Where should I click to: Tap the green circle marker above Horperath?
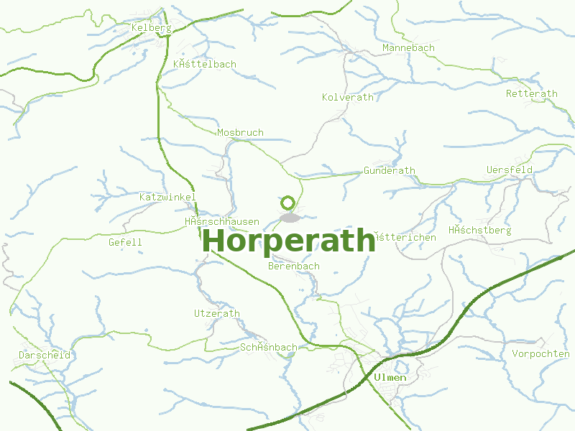[288, 203]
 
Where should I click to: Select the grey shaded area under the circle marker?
[290, 217]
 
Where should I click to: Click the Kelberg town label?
[151, 28]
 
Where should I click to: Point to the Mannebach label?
[408, 48]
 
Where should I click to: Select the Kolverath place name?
[348, 97]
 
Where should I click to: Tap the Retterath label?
[531, 94]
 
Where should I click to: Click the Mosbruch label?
[240, 133]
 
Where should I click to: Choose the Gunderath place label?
[390, 171]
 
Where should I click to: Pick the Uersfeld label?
[509, 170]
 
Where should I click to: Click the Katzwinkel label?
[167, 197]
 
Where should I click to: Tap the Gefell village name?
[125, 243]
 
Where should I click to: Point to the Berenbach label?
[293, 267]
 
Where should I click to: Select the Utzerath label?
[217, 314]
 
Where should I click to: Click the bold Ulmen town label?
[390, 378]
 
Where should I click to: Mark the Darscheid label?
[45, 356]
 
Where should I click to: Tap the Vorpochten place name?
[540, 354]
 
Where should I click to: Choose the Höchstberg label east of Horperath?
[479, 231]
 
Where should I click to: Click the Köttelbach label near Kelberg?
[205, 65]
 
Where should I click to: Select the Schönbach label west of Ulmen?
[268, 348]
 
